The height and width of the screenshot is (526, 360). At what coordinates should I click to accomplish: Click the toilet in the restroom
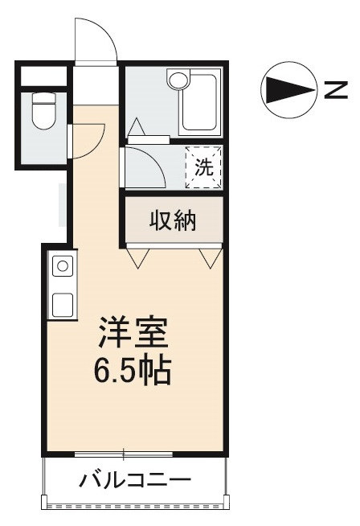(44, 111)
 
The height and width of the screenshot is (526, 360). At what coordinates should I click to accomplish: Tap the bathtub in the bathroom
(198, 102)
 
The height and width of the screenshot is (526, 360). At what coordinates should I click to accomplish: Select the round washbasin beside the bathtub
(178, 80)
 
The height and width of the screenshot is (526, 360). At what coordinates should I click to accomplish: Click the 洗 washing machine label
(204, 166)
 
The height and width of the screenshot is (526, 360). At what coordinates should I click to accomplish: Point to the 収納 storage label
(173, 220)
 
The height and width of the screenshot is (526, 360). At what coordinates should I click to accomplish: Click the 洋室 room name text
(133, 332)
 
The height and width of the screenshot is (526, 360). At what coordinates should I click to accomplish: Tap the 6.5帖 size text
(133, 372)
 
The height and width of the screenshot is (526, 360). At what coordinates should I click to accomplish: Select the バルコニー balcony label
(135, 480)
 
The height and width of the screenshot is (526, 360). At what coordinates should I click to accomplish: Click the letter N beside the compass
(336, 89)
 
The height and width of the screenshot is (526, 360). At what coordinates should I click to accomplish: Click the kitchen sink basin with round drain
(63, 266)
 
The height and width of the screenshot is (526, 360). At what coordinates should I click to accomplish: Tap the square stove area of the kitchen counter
(63, 304)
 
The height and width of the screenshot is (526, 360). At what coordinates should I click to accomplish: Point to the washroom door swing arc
(155, 160)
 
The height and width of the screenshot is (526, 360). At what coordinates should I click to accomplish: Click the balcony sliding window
(124, 454)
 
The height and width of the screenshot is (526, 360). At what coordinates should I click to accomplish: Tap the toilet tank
(44, 97)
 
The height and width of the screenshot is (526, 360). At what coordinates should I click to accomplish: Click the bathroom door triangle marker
(137, 126)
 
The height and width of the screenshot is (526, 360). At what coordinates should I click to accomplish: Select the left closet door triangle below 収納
(137, 258)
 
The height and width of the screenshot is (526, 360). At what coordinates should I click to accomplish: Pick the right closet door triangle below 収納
(211, 258)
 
